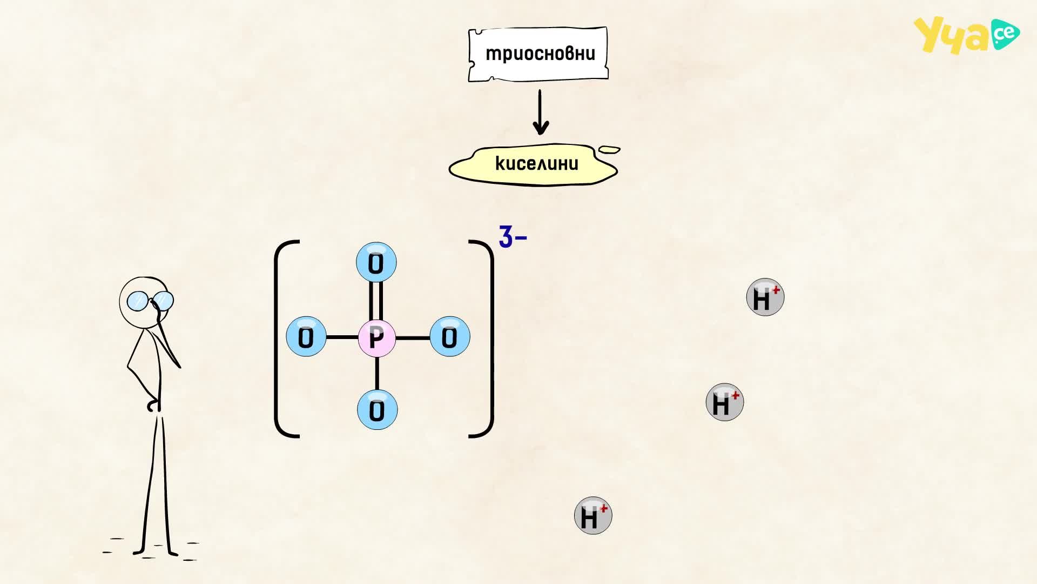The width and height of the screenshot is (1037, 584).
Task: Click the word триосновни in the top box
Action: pyautogui.click(x=540, y=54)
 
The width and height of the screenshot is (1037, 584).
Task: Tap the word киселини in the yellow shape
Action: pyautogui.click(x=537, y=163)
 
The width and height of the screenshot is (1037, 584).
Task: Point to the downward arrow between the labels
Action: pyautogui.click(x=540, y=112)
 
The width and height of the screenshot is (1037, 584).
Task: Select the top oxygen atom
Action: pyautogui.click(x=376, y=262)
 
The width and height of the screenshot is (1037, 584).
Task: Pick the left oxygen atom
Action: pyautogui.click(x=306, y=337)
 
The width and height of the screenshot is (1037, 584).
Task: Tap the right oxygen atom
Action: pyautogui.click(x=450, y=336)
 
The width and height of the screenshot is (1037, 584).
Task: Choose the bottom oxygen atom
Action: pyautogui.click(x=378, y=410)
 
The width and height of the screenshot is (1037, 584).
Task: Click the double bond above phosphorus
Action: pyautogui.click(x=376, y=301)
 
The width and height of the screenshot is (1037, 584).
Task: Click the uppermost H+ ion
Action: pyautogui.click(x=765, y=297)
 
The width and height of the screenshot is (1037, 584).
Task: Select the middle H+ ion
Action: pyautogui.click(x=725, y=402)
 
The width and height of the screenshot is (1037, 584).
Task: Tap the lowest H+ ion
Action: pyautogui.click(x=593, y=515)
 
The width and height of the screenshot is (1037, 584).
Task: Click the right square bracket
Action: pyautogui.click(x=490, y=339)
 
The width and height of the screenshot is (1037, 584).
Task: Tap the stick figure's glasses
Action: pyautogui.click(x=150, y=301)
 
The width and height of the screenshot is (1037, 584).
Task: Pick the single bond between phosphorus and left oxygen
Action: pyautogui.click(x=342, y=337)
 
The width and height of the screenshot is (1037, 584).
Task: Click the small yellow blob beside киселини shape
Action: pyautogui.click(x=610, y=149)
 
